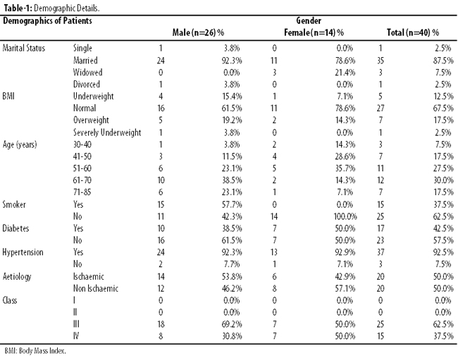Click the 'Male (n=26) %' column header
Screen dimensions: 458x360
198,32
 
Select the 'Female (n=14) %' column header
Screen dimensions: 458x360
314,32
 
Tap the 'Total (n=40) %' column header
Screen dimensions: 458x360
413,32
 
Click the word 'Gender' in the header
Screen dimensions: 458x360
309,20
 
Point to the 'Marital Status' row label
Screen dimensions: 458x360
24,48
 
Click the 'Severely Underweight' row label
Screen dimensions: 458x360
107,132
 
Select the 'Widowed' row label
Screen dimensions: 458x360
87,72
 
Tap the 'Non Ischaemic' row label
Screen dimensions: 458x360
96,288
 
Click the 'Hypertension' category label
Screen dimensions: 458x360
23,252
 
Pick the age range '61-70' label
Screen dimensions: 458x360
82,180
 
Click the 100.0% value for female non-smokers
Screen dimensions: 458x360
345,216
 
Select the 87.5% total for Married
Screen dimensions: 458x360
443,61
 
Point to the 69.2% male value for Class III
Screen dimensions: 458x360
232,324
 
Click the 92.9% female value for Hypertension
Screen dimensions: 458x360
345,252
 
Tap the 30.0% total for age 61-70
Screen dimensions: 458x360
443,180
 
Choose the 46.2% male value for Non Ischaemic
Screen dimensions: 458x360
232,288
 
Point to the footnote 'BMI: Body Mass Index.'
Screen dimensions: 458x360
35,351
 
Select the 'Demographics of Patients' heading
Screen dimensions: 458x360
47,20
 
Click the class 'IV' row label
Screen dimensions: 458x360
75,336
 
